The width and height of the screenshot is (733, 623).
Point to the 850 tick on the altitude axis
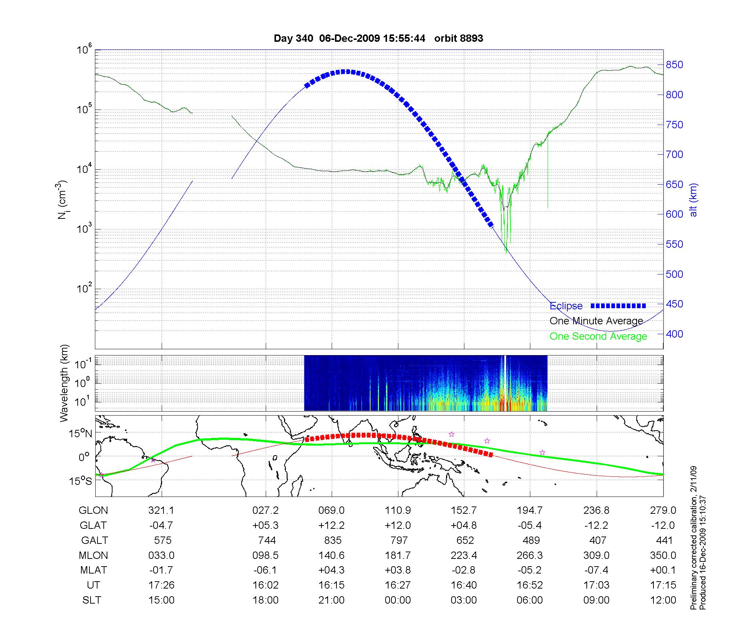(674, 65)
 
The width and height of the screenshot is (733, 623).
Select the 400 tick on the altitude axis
(674, 334)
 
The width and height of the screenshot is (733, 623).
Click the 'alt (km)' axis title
(693, 200)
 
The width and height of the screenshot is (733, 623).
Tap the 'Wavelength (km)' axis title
(65, 383)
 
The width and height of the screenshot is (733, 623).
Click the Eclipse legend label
(566, 306)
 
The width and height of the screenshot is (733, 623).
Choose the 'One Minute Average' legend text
(596, 321)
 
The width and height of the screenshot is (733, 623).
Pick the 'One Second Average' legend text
(598, 336)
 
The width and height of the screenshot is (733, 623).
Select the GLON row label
(93, 510)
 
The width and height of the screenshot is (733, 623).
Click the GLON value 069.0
(332, 510)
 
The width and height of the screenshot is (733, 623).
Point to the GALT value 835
(333, 540)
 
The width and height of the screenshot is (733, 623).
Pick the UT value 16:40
(464, 585)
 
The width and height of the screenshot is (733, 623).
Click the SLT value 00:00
(398, 600)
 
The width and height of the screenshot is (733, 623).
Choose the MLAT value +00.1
(663, 570)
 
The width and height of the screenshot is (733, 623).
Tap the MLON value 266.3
(530, 555)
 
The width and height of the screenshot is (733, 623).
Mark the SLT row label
(92, 600)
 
